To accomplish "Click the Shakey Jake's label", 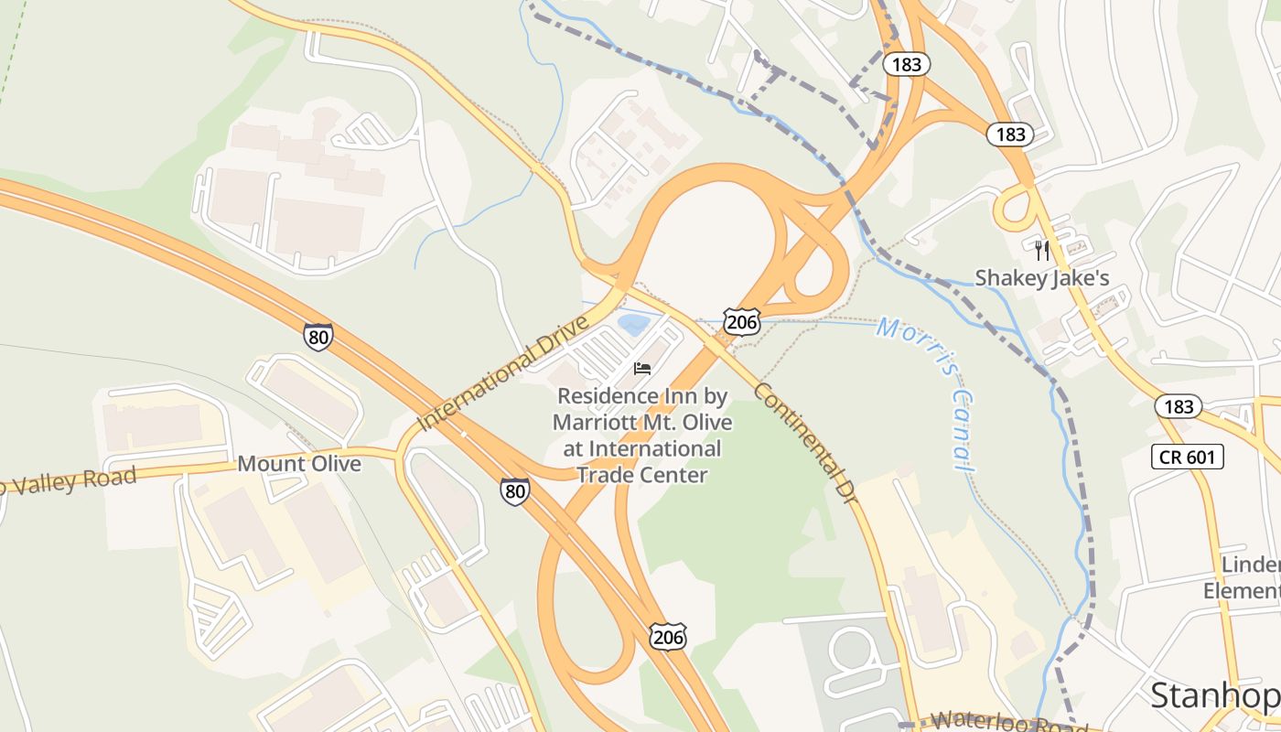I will click(1041, 277).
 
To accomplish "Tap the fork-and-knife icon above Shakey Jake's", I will click(1041, 250).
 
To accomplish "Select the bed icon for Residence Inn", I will click(642, 369).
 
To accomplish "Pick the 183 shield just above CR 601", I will click(1179, 405).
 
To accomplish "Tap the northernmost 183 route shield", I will click(907, 64).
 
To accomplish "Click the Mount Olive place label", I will click(299, 464).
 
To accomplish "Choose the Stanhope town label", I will click(1215, 696).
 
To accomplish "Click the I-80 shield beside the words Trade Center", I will click(515, 491).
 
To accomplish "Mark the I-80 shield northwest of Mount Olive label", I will click(318, 337).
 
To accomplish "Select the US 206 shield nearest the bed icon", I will click(740, 320).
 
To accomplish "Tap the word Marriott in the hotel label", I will click(597, 423).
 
